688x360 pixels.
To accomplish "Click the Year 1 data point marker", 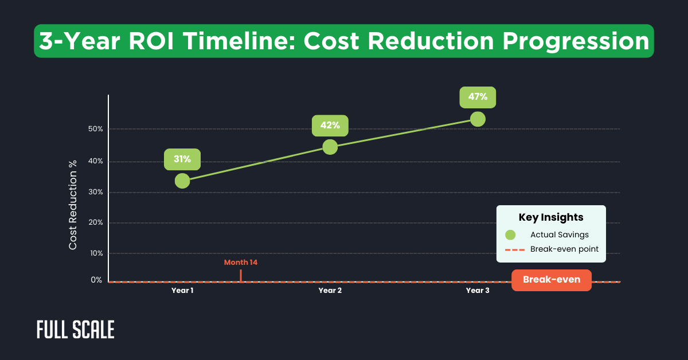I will point(182,181).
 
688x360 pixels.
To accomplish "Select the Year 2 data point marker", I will point(330,147).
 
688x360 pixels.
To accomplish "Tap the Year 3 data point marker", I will point(478,119).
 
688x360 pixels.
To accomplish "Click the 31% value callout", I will point(182,159).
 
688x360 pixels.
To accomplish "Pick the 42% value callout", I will point(330,126).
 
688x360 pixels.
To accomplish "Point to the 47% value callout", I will point(478,97).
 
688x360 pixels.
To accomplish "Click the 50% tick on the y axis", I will point(96,129).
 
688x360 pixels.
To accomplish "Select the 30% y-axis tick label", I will point(96,192).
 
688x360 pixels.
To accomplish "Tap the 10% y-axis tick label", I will point(96,253).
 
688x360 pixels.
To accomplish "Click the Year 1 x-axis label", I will point(182,291).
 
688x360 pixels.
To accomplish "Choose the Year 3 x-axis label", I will point(478,291).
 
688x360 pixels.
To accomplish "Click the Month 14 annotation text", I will point(241,263).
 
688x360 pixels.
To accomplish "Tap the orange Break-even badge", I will point(551,280).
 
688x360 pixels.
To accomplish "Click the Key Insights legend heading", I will point(551,217).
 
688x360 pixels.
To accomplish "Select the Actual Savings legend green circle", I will point(510,234).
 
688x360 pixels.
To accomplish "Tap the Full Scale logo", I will point(76,330).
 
